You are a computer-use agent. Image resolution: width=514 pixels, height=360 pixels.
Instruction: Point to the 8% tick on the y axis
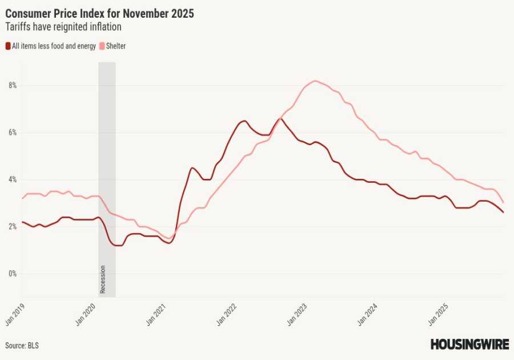[12, 86]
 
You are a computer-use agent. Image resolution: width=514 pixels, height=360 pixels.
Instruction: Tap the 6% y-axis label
[12, 133]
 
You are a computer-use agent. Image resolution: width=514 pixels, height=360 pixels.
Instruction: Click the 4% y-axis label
[12, 180]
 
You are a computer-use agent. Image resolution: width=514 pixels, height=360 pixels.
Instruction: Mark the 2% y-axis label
[12, 227]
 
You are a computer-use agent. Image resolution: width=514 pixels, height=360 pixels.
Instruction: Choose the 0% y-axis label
[12, 274]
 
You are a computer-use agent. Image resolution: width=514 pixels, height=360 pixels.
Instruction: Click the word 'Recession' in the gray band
[103, 279]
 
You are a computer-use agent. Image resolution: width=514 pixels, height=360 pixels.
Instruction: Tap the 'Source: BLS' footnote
[22, 346]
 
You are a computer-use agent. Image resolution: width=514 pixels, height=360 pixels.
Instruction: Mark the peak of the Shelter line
[315, 81]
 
